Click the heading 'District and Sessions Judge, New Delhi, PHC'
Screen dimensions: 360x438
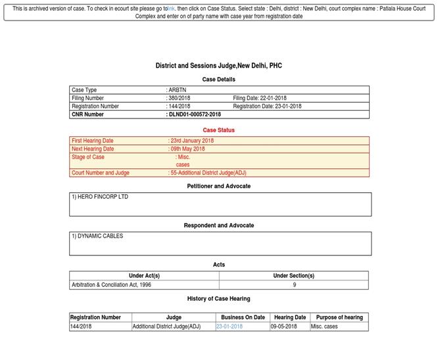coord(218,66)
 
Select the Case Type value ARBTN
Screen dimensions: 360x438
coord(178,90)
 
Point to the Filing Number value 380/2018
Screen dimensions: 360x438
coord(180,98)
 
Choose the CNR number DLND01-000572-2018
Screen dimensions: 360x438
coord(195,115)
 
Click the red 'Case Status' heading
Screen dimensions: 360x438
coord(218,130)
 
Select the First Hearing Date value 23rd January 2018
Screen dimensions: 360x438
coord(191,141)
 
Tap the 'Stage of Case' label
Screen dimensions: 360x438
coord(88,157)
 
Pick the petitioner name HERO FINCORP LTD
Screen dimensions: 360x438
coord(100,197)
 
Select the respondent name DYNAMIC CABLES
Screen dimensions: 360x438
coord(97,236)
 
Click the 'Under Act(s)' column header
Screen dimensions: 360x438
coord(144,276)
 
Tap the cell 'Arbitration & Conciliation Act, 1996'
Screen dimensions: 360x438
coord(111,285)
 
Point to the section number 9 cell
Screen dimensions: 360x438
coord(294,285)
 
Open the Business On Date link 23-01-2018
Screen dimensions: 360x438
coord(229,326)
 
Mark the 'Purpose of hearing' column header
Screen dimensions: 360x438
coord(339,317)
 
